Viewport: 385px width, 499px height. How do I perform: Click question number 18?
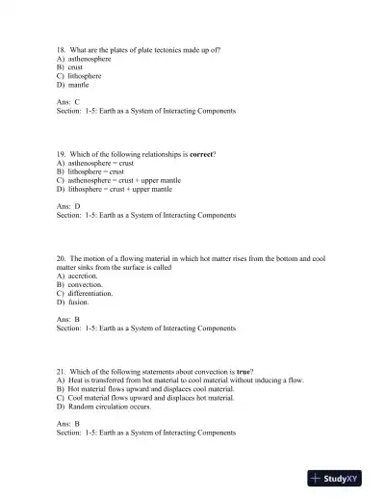62,48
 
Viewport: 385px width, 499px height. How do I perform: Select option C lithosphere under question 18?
80,75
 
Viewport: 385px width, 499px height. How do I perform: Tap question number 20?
62,258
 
